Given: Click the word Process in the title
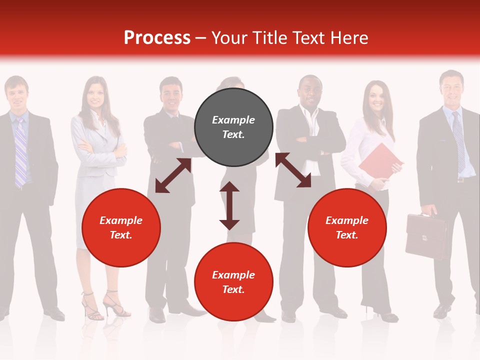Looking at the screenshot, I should (x=157, y=38).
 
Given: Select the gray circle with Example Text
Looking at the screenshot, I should (x=233, y=127).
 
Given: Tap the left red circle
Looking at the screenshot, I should (x=121, y=227).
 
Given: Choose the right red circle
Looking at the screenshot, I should (x=347, y=227).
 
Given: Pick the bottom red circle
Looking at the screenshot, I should (x=233, y=282).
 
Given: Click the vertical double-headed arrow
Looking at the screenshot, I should (x=229, y=205).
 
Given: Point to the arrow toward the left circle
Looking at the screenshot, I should (x=173, y=175).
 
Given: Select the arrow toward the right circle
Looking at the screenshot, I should (x=293, y=170).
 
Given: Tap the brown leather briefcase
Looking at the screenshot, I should (x=426, y=236).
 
